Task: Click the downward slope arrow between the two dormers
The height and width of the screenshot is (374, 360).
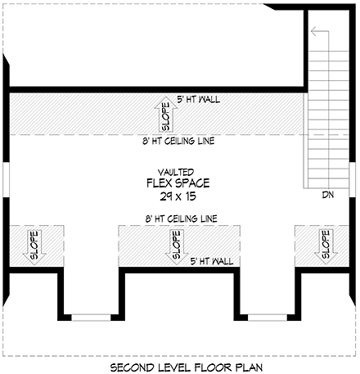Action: tap(176, 245)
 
